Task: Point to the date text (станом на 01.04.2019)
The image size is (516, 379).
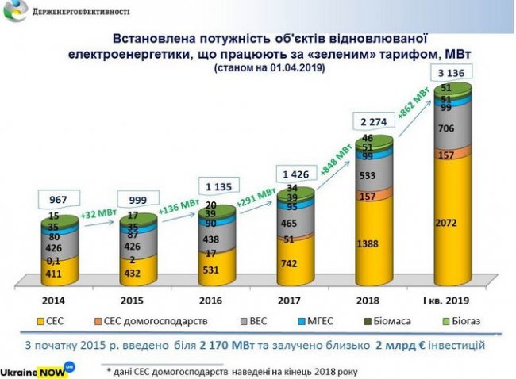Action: pos(269,71)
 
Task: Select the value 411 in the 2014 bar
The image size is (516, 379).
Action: pos(53,274)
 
